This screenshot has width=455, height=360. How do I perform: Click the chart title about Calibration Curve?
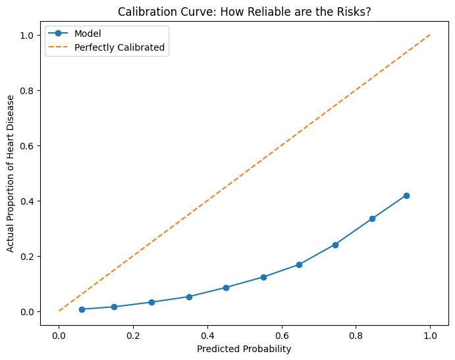click(244, 10)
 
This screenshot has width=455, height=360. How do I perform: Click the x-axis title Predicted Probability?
click(244, 349)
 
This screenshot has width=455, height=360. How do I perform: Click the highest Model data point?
click(406, 195)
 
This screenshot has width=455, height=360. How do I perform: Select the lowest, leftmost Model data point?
click(82, 309)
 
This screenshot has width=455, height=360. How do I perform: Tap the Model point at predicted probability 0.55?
click(263, 277)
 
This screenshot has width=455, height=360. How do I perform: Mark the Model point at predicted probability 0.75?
click(335, 245)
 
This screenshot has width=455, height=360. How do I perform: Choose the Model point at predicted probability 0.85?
click(372, 219)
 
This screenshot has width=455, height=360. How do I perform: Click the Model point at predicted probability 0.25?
click(151, 302)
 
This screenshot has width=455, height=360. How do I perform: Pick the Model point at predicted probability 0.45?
click(226, 288)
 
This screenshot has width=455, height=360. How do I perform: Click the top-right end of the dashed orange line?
click(431, 35)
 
